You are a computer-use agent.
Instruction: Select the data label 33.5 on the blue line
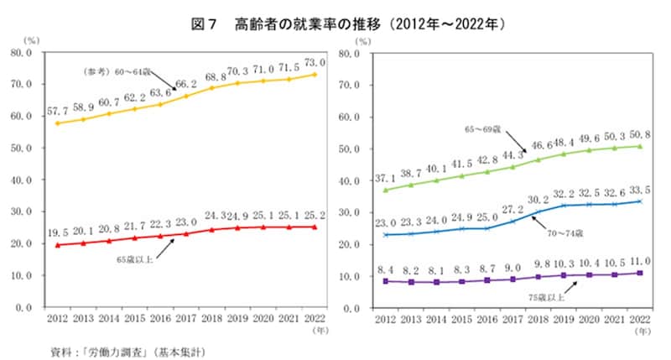(638, 189)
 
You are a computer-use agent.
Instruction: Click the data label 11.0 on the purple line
(638, 261)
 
